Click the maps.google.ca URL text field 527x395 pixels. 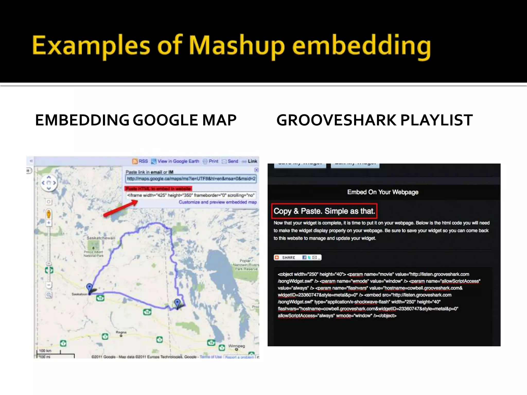[191, 179]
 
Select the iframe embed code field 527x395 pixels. [191, 195]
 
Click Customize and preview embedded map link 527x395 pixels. [218, 202]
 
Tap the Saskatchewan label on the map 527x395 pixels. [101, 238]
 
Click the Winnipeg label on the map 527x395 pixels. [236, 346]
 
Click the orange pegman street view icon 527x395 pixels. [49, 214]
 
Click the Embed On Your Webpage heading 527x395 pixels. [383, 192]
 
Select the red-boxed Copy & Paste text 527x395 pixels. [324, 211]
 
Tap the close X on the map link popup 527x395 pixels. [256, 170]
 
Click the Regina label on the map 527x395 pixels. [121, 332]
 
